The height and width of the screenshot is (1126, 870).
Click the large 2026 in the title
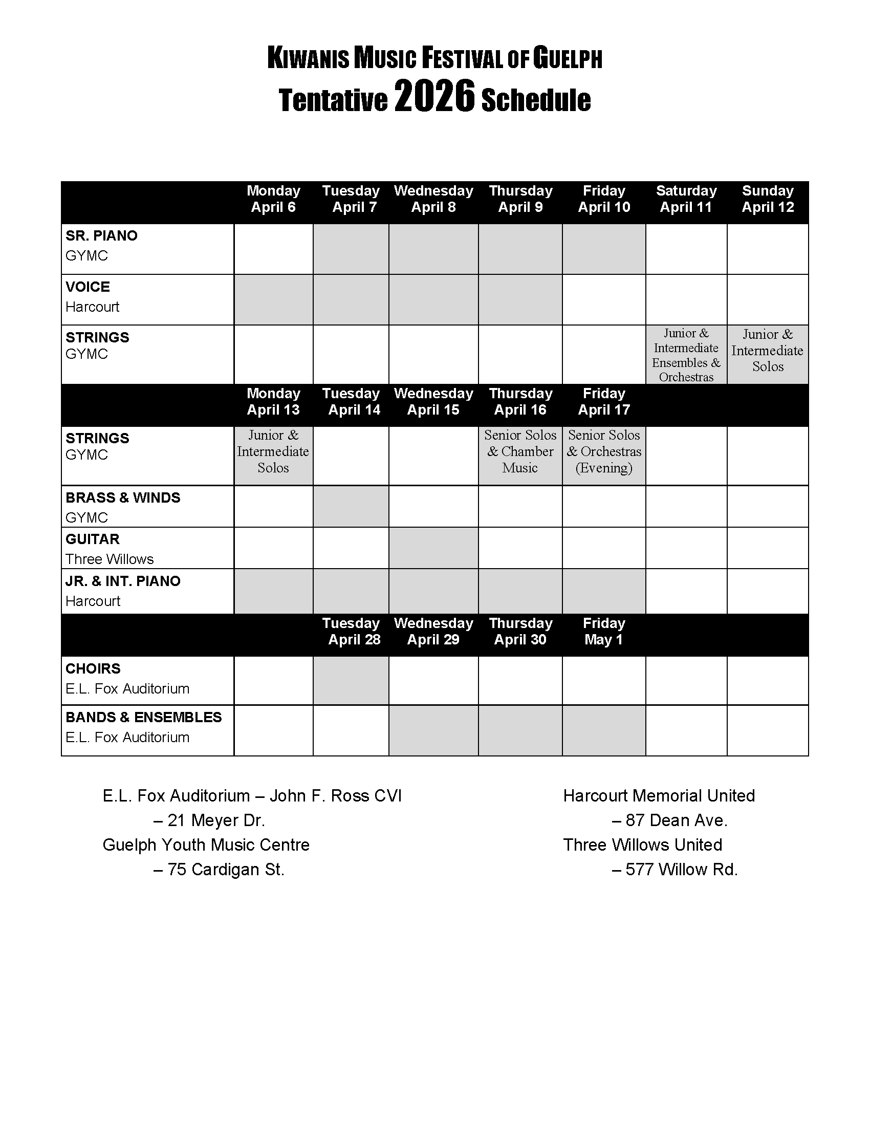coord(433,97)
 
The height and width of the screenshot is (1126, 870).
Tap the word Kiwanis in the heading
coord(308,58)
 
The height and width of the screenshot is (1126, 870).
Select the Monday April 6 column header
coord(273,199)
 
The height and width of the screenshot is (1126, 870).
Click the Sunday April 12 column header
coord(768,199)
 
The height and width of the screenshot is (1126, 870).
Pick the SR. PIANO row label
coord(101,236)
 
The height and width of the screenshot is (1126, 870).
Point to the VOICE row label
coord(88,287)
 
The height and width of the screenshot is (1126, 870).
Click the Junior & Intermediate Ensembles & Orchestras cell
coord(686,355)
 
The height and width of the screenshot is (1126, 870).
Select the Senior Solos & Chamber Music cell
coord(520,451)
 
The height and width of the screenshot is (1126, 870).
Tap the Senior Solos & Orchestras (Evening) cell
coord(603,451)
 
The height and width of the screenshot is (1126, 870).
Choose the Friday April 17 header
coord(603,402)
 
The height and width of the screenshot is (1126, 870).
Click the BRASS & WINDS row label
coord(123,498)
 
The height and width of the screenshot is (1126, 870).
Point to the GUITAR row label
coord(93,539)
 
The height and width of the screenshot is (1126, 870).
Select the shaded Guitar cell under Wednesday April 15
coord(433,548)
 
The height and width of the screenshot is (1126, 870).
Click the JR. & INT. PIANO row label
coord(123,581)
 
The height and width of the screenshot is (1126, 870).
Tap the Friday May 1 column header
coord(603,632)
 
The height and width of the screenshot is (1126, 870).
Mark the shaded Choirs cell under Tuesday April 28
coord(351,680)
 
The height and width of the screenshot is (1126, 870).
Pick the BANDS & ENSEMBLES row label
coord(143,717)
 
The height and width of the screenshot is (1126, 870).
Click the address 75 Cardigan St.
coord(226,870)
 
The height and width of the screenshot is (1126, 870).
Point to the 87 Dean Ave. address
coord(676,820)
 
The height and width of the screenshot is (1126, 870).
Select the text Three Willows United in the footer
coord(643,845)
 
